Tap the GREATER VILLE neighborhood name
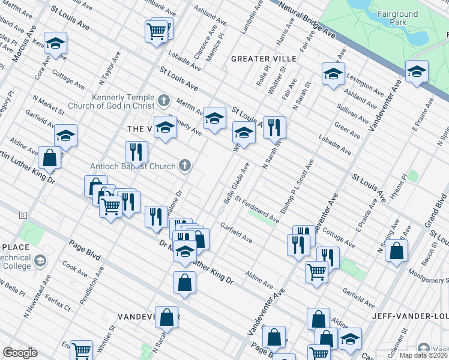tap(264, 59)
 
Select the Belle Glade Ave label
tap(236, 183)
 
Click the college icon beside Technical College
tap(40, 260)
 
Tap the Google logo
tap(20, 353)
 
